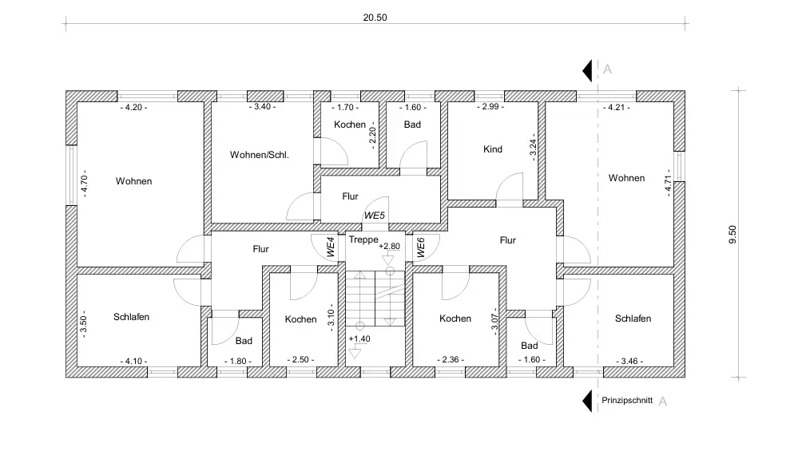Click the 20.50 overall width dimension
(x=375, y=18)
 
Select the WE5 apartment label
(x=374, y=215)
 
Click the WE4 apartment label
(x=330, y=247)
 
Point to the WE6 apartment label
(x=421, y=247)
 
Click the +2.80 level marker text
(x=389, y=247)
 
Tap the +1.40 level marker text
(x=359, y=338)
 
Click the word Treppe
(x=363, y=239)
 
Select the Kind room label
(x=493, y=149)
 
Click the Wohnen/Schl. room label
(x=259, y=154)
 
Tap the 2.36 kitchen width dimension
(x=452, y=360)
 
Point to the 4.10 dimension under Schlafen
(x=134, y=361)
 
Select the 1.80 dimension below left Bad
(x=238, y=361)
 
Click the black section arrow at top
(x=587, y=70)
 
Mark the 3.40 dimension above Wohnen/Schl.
(x=261, y=107)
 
